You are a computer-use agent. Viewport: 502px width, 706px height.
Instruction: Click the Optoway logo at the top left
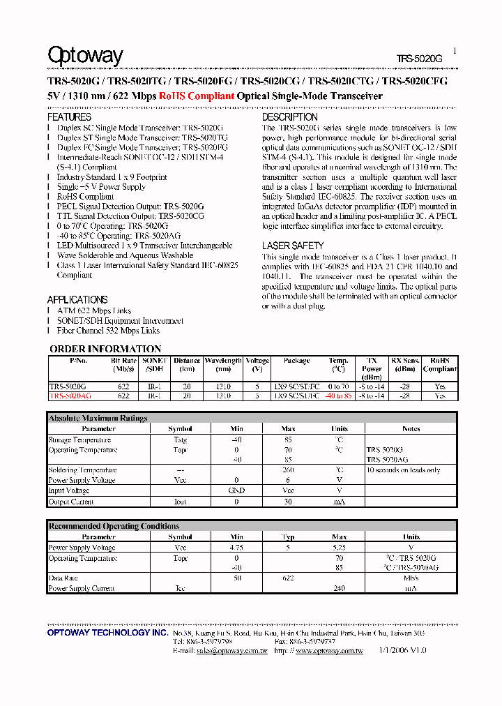pos(85,55)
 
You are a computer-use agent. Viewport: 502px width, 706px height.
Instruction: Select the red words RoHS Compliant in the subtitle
pos(196,96)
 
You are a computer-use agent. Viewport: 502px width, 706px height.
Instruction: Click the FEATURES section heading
pos(69,117)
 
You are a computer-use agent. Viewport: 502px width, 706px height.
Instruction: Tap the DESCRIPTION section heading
pos(289,117)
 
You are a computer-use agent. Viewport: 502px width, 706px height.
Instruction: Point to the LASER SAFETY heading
pos(293,246)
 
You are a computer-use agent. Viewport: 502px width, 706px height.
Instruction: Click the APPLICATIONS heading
pos(77,299)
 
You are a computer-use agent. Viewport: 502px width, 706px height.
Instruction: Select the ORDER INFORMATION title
pos(105,349)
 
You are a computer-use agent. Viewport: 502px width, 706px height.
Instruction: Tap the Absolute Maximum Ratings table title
pos(98,418)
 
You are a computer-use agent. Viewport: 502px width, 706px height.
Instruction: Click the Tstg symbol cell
pos(180,440)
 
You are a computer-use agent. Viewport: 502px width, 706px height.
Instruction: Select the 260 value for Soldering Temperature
pos(288,470)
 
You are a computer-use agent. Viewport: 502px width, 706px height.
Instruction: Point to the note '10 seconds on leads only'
pos(403,470)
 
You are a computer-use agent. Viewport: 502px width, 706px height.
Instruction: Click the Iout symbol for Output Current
pos(180,502)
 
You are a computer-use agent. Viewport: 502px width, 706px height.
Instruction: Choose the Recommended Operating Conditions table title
pos(114,526)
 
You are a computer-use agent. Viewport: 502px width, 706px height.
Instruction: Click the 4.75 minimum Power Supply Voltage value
pos(237,548)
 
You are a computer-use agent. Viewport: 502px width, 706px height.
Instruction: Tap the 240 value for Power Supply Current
pos(340,588)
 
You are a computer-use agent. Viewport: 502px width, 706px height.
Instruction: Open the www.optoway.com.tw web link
pos(329,650)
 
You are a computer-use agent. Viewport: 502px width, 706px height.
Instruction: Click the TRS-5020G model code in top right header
pos(419,59)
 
